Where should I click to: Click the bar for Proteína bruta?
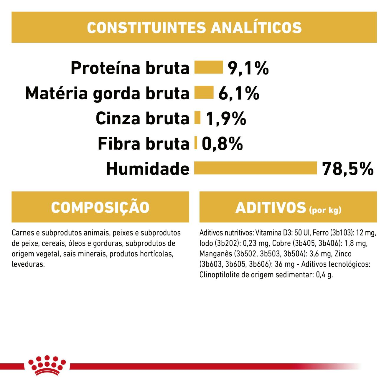pos(209,67)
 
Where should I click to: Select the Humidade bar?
pos(256,168)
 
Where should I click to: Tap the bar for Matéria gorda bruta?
pos(204,93)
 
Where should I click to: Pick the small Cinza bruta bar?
pos(197,118)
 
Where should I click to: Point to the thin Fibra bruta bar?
pos(196,143)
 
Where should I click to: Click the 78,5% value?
pos(348,169)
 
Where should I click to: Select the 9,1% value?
pos(248,68)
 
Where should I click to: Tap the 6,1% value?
pos(239,93)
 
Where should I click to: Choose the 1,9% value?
pos(226,118)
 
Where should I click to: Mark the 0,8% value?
pos(222,144)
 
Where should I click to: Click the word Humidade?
pos(148,169)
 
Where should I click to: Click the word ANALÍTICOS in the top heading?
pos(256,28)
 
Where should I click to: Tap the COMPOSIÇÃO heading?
pos(100,207)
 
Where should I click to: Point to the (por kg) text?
pos(325,210)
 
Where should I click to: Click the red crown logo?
pos(47,365)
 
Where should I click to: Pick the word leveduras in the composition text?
pos(28,264)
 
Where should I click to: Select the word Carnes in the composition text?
pos(22,233)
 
